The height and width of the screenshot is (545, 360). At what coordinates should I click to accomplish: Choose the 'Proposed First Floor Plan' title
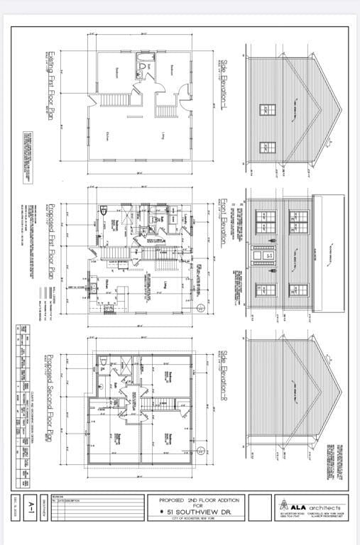click(x=51, y=241)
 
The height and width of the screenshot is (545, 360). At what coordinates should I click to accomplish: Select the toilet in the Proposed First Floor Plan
click(x=104, y=210)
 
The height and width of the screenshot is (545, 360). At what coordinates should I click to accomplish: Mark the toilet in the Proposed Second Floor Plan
click(x=104, y=362)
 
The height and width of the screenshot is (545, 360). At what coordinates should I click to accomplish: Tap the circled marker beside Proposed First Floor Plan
click(x=201, y=307)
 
